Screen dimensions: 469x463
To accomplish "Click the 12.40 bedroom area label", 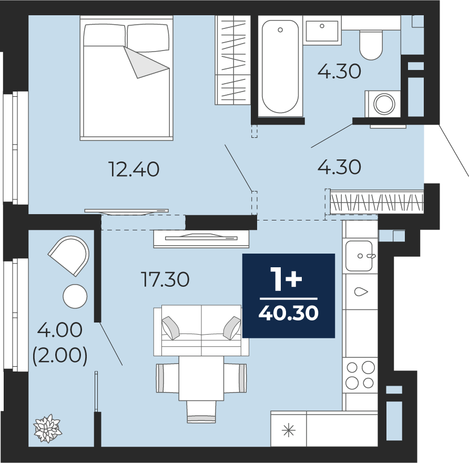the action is [134, 169].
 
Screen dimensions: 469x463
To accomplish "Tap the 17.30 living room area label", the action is [165, 279].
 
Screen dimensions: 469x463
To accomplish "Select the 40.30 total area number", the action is [288, 314].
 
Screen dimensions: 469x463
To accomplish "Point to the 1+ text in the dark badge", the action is [286, 279].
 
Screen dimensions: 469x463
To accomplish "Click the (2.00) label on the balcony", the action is [60, 355].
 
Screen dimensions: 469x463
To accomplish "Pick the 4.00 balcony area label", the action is [60, 330].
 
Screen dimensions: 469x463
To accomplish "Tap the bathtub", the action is [280, 66].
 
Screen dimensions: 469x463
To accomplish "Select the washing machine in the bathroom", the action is [383, 104].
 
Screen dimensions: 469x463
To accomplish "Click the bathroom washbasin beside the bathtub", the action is [322, 31].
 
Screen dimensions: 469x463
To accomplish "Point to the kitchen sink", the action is [359, 256].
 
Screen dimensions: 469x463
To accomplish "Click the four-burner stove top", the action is [360, 375].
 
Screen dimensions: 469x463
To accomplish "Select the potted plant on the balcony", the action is [47, 429].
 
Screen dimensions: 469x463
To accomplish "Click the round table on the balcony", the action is [75, 296].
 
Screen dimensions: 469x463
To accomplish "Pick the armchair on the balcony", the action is [70, 255].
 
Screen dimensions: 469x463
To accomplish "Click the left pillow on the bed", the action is [104, 35].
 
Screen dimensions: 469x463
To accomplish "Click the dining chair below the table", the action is [201, 411].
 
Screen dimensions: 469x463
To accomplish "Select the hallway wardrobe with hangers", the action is [377, 203].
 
